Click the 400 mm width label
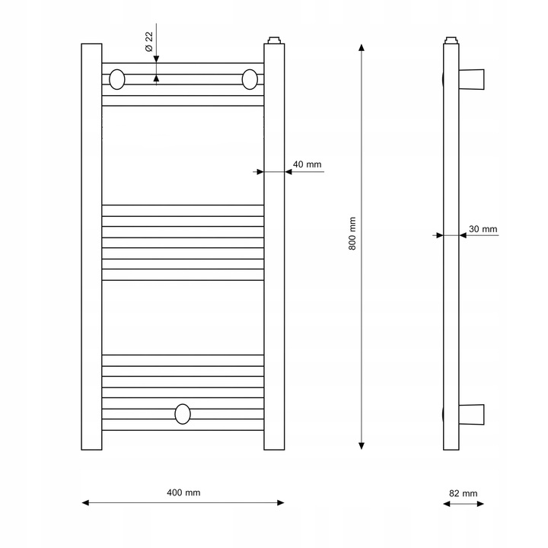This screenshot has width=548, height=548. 183,492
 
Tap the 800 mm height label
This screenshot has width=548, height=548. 352,234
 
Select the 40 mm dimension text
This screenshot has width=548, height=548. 307,164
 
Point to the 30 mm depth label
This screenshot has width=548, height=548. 483,229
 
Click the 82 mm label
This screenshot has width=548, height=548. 463,493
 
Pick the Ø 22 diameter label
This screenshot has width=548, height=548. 149,42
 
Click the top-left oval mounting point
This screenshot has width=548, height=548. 117,79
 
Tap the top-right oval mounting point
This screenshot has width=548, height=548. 250,79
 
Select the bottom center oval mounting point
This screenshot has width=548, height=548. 183,414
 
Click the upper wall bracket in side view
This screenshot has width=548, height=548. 471,79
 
